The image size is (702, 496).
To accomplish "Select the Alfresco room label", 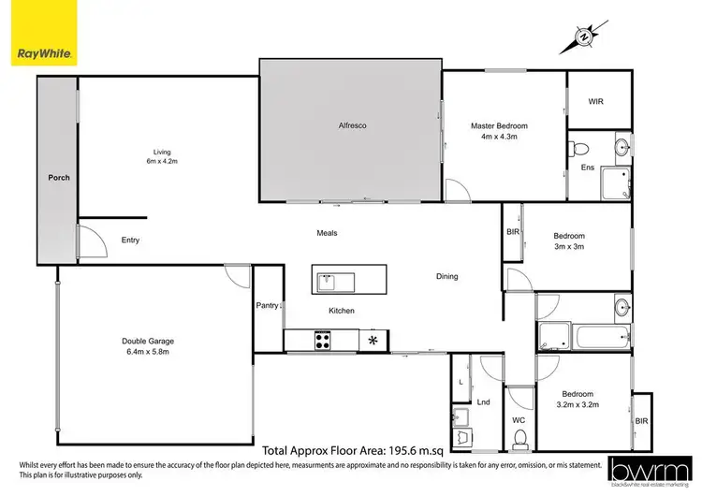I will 350,125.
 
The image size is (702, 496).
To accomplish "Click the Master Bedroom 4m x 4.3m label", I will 505,131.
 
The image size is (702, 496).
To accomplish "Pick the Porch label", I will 59,178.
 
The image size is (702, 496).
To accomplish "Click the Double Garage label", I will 148,347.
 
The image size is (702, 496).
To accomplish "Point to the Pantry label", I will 267,305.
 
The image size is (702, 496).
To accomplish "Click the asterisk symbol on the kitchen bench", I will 374,341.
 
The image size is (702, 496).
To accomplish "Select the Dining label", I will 447,276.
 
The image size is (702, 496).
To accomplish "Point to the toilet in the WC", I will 520,440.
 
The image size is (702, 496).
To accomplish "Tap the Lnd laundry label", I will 484,401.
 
